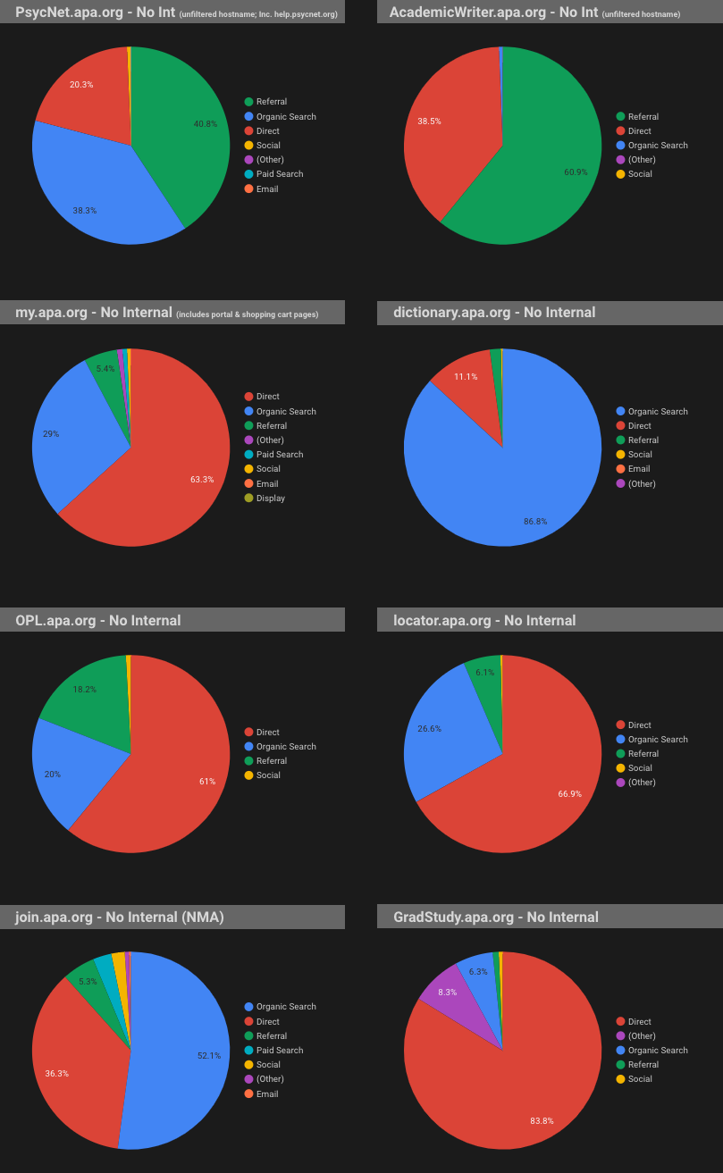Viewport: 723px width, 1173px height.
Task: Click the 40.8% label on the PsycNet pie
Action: (206, 124)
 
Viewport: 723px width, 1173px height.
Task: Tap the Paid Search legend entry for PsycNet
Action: (279, 174)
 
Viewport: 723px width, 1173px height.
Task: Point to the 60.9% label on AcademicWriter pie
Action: (576, 172)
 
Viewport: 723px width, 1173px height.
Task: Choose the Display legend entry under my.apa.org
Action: (270, 498)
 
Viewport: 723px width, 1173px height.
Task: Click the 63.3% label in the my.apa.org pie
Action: (202, 480)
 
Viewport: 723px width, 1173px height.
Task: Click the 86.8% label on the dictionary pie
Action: (535, 521)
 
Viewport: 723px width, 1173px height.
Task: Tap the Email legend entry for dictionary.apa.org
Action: (638, 469)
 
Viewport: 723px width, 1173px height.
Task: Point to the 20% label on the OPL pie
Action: (52, 775)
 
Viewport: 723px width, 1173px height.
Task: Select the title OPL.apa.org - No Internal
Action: (98, 620)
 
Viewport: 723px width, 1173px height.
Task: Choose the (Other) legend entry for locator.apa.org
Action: (641, 783)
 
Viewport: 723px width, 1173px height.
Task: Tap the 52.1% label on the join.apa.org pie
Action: (209, 1056)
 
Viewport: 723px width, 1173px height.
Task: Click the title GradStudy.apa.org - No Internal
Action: (496, 917)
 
